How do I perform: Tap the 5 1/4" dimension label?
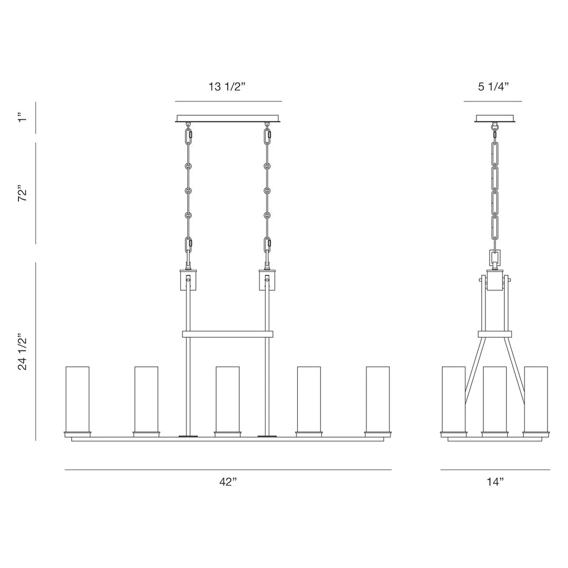tap(493, 87)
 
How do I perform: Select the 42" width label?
tap(228, 482)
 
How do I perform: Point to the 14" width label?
tap(495, 482)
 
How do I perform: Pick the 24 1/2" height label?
tap(23, 352)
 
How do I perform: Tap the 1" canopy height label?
tap(23, 118)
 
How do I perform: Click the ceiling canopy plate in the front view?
tap(228, 118)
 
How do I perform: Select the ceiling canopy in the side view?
tap(495, 118)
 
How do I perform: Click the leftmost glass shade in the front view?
tap(77, 399)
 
